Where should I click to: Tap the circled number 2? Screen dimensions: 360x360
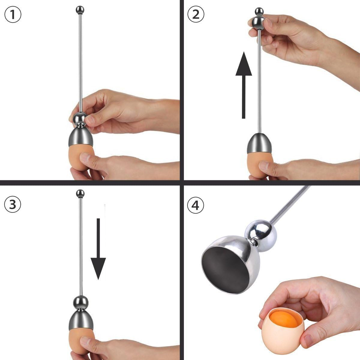196,14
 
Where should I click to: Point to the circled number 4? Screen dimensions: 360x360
196,205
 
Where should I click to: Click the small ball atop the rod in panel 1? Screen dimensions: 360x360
79,10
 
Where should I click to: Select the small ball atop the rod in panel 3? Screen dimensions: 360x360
80,193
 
